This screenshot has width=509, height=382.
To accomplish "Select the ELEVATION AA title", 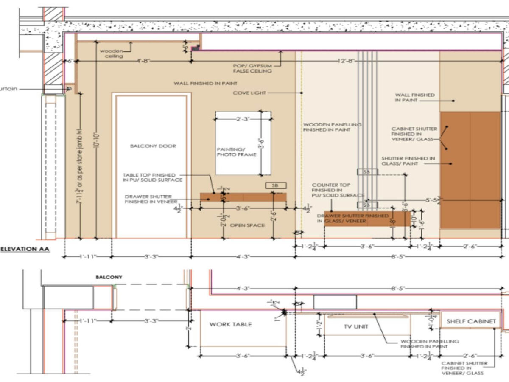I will tap(25, 249).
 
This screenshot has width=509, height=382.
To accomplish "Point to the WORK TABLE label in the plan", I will tap(231, 324).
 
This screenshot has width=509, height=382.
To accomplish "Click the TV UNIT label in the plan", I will tap(356, 326).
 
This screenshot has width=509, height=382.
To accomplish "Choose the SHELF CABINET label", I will tap(471, 322).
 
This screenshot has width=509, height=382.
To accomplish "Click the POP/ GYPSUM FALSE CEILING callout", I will tap(252, 68).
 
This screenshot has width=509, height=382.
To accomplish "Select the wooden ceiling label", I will tap(111, 53).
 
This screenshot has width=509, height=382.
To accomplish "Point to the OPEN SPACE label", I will tap(247, 225).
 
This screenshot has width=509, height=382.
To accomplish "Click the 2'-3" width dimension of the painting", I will tap(243, 119).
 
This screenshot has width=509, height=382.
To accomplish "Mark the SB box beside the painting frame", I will tap(276, 185).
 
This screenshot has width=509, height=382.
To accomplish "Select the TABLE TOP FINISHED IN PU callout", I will tap(153, 177).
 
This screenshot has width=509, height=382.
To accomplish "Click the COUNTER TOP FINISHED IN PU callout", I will tap(338, 190).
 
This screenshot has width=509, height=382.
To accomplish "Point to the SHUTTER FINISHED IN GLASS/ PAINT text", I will tap(408, 161).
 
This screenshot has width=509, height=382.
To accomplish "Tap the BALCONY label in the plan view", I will tap(109, 277).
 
